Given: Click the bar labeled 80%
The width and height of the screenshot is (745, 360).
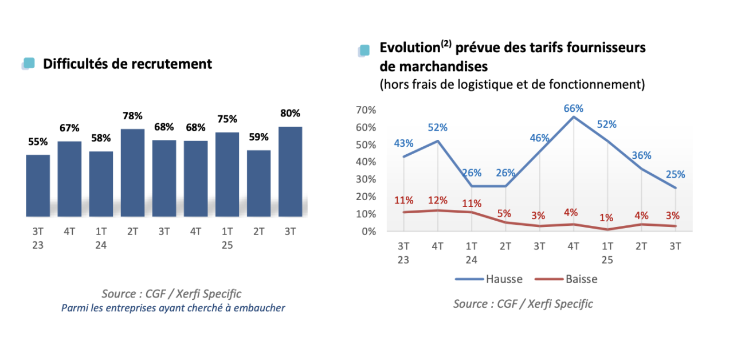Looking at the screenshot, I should [290, 171].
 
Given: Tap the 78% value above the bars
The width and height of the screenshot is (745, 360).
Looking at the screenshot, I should [132, 116].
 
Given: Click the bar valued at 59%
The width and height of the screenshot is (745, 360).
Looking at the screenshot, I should [258, 183].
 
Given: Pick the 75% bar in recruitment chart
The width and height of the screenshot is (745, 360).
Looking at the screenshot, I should [227, 174].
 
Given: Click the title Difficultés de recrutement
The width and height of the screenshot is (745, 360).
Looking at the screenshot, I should [127, 64].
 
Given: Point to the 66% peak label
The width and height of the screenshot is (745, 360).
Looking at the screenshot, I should [573, 108].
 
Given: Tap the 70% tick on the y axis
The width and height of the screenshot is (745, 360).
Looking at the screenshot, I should [366, 109].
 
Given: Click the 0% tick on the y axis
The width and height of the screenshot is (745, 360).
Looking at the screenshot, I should [368, 231].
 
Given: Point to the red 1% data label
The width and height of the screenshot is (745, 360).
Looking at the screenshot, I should [606, 218].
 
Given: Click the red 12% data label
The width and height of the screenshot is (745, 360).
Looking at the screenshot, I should [438, 200].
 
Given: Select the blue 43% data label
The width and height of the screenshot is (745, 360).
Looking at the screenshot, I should [403, 143].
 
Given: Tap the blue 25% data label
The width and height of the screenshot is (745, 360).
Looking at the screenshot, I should [675, 174].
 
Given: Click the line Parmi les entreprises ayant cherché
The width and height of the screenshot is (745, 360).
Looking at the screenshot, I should [173, 308].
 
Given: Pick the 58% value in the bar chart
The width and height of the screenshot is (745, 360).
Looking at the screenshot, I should [101, 138].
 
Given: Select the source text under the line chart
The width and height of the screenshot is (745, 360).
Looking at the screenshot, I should [523, 304].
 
